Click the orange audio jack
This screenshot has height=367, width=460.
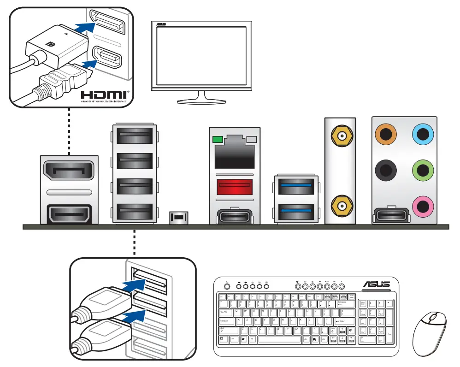[x=386, y=135]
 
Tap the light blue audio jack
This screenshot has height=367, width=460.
[x=423, y=135]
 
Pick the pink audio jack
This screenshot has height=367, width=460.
[x=423, y=205]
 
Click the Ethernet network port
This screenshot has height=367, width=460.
[x=235, y=152]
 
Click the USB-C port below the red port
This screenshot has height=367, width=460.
[x=235, y=215]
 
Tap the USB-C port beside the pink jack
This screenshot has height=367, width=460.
[x=390, y=214]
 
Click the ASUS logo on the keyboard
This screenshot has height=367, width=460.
[x=376, y=284]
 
